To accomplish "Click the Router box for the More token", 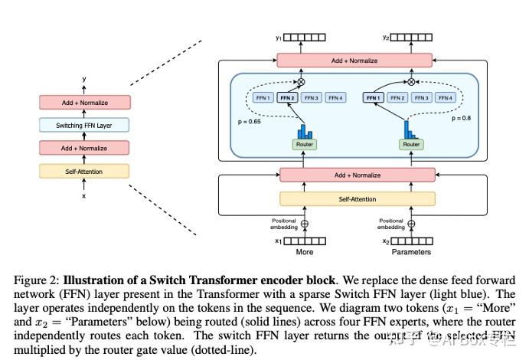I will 304,144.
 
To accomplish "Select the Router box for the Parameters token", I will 412,144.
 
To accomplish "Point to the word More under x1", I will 304,252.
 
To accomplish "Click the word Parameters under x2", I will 411,252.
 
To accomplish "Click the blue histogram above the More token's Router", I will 305,129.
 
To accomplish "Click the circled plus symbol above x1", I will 305,224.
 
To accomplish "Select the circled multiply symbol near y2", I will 412,81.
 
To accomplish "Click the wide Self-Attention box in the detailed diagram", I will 358,198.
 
